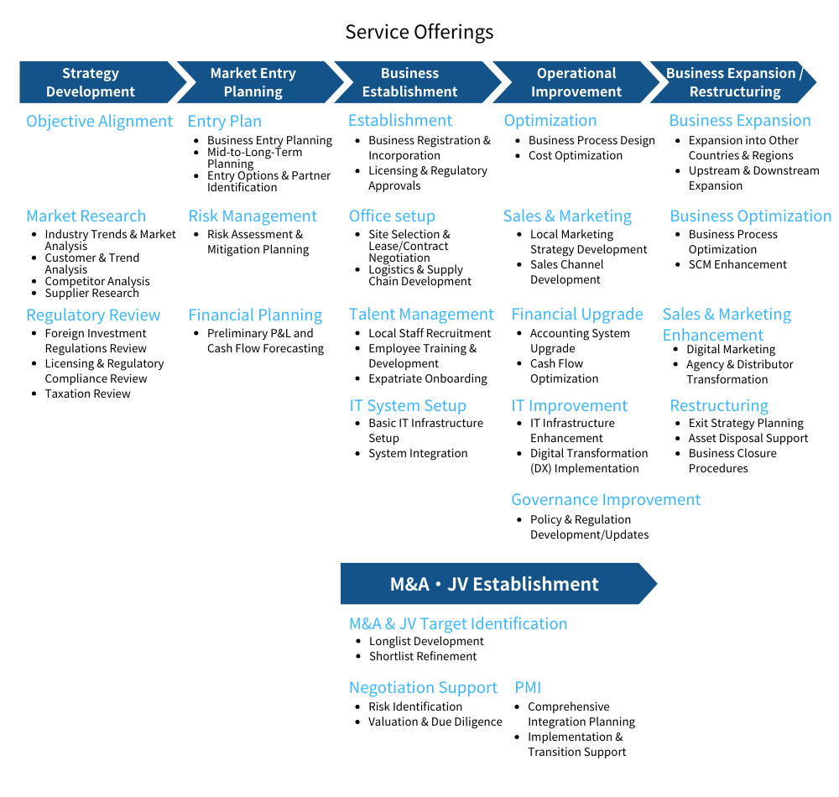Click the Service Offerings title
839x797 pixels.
(419, 32)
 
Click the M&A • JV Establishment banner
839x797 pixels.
(498, 584)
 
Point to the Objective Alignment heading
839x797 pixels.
(100, 122)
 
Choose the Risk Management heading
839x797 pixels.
(253, 216)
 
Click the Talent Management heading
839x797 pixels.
(421, 315)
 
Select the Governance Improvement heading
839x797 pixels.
(606, 500)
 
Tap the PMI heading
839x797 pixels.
(528, 687)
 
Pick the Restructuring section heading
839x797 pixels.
(719, 406)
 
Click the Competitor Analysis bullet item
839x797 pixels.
(97, 281)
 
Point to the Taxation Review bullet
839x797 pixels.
(88, 393)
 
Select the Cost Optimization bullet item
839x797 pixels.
(576, 156)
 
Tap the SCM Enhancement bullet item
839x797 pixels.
(737, 265)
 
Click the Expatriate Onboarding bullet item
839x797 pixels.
(428, 378)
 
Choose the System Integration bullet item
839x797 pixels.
(418, 454)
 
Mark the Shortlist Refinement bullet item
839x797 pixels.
(423, 656)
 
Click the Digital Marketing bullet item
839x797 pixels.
(731, 349)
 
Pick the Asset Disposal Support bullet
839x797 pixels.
(748, 439)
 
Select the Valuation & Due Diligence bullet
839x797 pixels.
(435, 722)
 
